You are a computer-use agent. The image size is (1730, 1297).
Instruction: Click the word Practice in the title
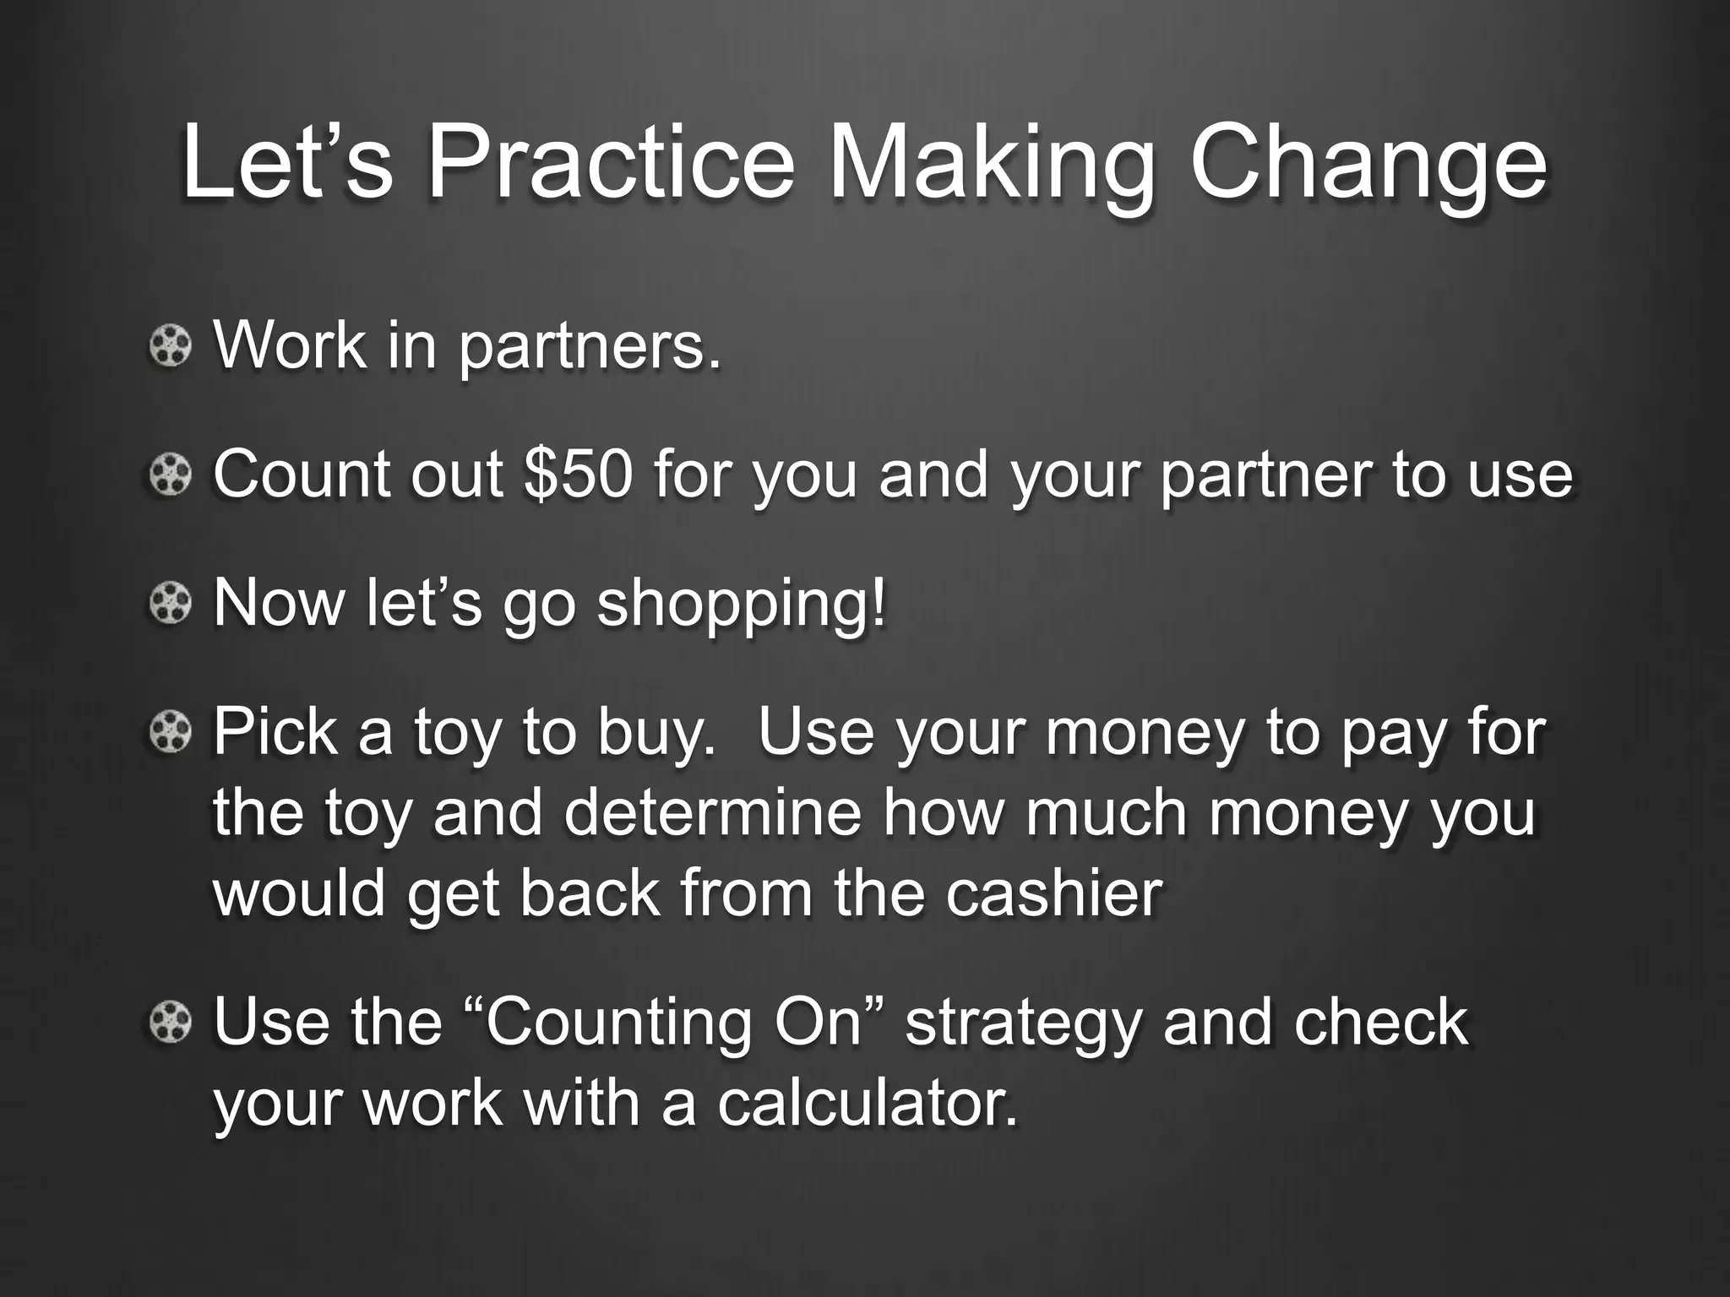[610, 162]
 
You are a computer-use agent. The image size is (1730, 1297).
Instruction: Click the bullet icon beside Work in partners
[171, 346]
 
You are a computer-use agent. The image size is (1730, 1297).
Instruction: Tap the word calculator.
[868, 1103]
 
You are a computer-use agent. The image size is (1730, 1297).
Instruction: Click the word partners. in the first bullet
[590, 346]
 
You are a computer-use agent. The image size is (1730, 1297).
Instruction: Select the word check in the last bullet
[1381, 1022]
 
